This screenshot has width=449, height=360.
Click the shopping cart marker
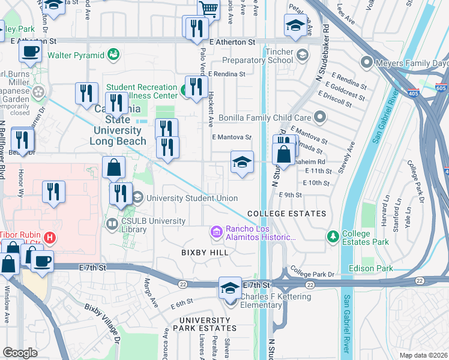[x=208, y=9]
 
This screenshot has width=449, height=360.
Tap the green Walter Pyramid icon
[x=113, y=56]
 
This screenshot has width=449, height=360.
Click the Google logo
[x=20, y=352]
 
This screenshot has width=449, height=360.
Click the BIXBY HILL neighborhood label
[x=205, y=253]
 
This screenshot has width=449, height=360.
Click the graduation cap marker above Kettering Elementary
[x=229, y=288]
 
